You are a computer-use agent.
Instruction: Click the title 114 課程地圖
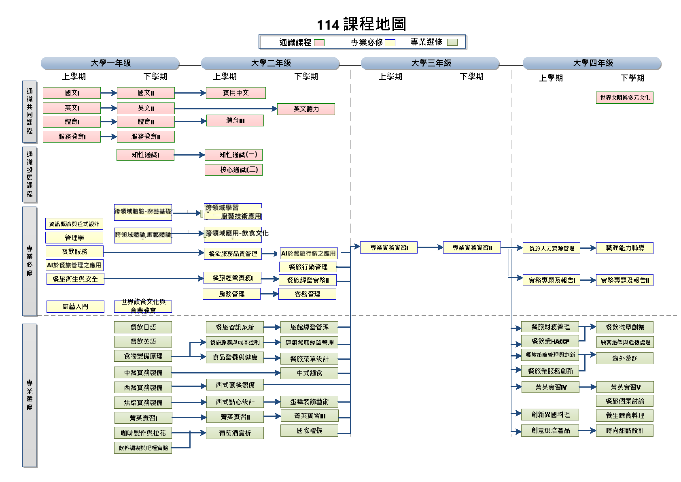point(361,24)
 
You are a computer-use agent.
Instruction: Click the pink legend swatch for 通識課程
point(319,43)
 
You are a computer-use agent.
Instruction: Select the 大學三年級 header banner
point(431,63)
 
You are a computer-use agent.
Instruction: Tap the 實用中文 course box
point(235,93)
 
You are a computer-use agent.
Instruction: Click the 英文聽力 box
point(306,109)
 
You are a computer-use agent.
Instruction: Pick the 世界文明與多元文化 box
point(624,98)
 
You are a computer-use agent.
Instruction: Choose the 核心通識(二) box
point(233,170)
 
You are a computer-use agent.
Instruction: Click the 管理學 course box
point(74,237)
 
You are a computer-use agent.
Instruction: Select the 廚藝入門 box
point(75,307)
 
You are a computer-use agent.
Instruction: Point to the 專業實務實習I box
point(389,247)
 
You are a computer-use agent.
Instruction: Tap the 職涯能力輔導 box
point(624,248)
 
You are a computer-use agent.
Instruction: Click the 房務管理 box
point(231,294)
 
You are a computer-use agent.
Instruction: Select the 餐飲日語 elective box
point(143,327)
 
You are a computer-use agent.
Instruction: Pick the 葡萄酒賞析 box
point(235,433)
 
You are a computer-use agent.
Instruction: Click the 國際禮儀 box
point(309,431)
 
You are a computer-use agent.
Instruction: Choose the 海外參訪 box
point(624,358)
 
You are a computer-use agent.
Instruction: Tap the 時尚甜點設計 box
point(624,431)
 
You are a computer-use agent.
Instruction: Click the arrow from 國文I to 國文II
point(108,93)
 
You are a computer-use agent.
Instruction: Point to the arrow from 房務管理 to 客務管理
point(269,294)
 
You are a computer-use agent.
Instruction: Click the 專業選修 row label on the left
point(30,395)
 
